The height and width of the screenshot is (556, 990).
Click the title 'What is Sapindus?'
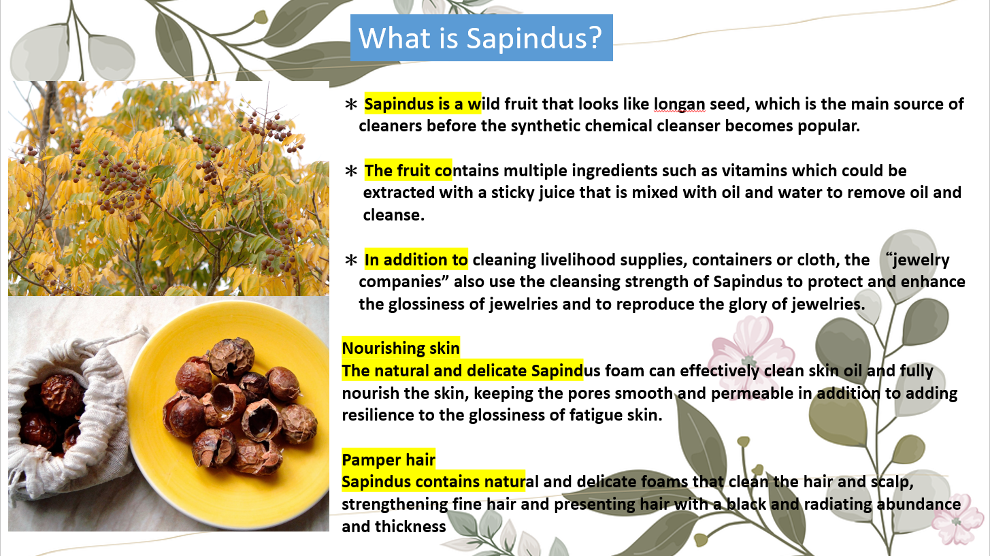tap(480, 38)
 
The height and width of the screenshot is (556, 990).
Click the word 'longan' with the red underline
tap(679, 104)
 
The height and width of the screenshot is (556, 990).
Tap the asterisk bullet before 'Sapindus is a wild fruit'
tap(351, 105)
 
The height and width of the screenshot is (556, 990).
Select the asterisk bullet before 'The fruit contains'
tap(351, 171)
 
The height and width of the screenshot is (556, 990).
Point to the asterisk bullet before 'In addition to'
tap(351, 260)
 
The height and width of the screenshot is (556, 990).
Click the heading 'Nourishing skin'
tap(401, 348)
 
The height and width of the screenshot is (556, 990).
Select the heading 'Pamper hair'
tap(389, 459)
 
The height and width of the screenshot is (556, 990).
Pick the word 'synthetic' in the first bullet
tap(546, 126)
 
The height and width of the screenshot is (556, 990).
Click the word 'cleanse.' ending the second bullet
tap(394, 215)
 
